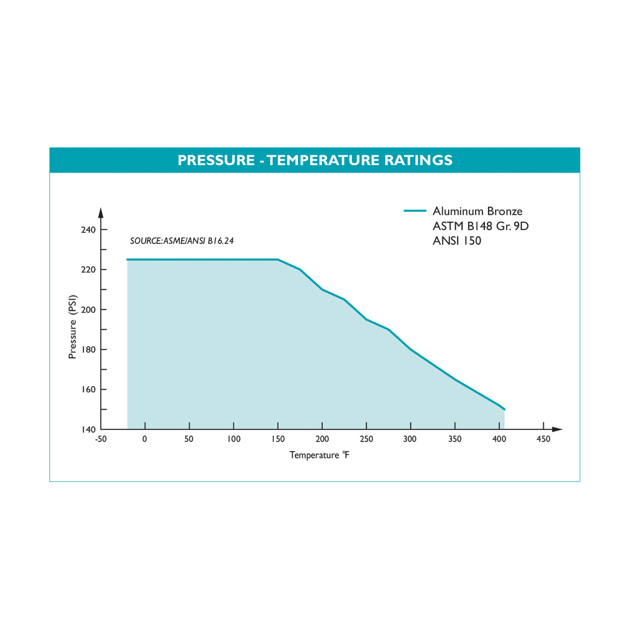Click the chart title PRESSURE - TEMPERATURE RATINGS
(x=314, y=160)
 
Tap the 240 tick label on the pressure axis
(x=88, y=230)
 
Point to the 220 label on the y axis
(x=88, y=270)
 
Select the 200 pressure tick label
(x=88, y=310)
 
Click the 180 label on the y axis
(x=88, y=350)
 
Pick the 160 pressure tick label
(x=88, y=390)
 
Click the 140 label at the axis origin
(x=88, y=429)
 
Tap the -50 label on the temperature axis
(x=101, y=439)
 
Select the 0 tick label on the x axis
(x=144, y=439)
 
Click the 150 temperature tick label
(x=278, y=439)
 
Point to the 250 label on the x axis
(x=367, y=439)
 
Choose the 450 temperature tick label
(x=543, y=439)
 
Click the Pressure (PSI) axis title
(x=73, y=327)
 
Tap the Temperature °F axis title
(x=319, y=455)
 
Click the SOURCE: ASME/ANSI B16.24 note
(x=182, y=241)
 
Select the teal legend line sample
(x=415, y=211)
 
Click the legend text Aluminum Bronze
(x=477, y=211)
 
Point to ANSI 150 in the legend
(x=457, y=241)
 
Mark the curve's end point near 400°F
(x=504, y=409)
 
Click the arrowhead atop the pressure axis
(x=101, y=213)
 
